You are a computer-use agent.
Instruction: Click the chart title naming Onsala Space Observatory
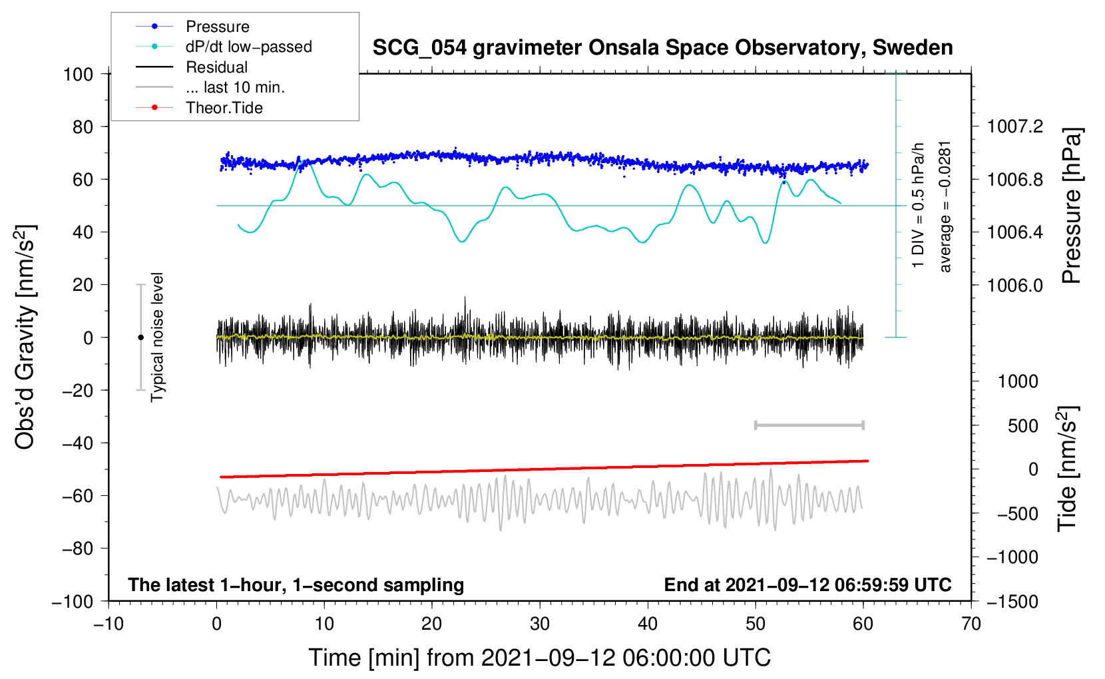coord(662,48)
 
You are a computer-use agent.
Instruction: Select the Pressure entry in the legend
coord(217,27)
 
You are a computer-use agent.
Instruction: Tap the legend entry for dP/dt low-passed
coord(248,47)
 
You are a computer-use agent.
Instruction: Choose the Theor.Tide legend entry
coord(224,108)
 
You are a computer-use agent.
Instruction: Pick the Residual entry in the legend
coord(216,67)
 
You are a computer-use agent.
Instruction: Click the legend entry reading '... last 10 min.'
coord(235,87)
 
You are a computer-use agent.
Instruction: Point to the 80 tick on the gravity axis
coord(83,126)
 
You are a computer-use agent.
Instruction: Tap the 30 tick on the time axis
coord(539,624)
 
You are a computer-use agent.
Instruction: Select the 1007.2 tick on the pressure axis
coord(1014,126)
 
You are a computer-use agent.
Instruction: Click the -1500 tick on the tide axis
coord(1012,601)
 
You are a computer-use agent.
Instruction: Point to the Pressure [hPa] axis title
coord(1070,206)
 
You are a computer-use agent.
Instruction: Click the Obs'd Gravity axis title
coord(25,338)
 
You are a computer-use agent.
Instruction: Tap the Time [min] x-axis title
coord(539,658)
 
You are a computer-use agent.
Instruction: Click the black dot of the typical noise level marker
coord(140,338)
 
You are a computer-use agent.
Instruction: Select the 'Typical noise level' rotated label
coord(157,338)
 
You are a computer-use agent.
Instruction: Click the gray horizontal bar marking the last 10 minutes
coord(809,425)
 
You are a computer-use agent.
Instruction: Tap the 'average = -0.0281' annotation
coord(945,206)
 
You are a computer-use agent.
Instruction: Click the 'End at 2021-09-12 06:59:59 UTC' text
coord(807,584)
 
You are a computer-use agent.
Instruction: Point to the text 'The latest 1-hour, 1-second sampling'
coord(296,584)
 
